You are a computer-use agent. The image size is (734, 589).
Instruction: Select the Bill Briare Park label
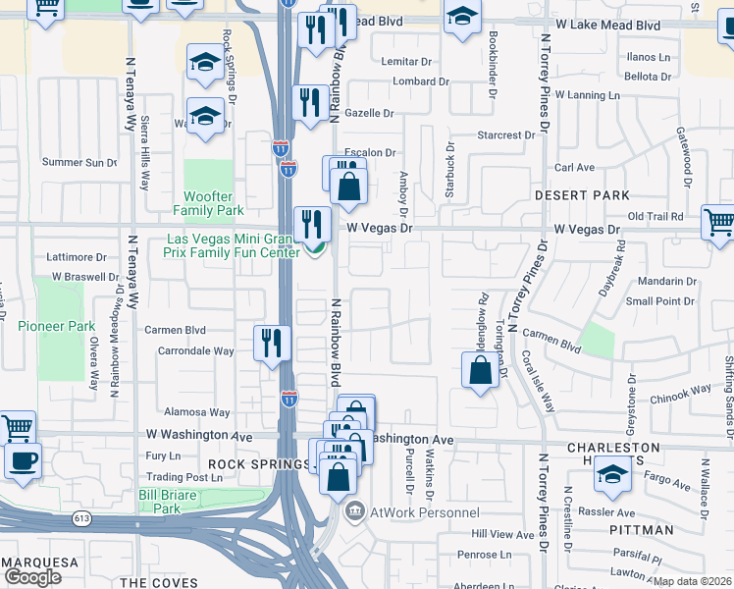click(x=173, y=502)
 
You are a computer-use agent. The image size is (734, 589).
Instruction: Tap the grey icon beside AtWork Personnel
click(x=354, y=511)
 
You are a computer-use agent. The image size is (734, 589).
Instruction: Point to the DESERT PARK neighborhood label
click(x=582, y=195)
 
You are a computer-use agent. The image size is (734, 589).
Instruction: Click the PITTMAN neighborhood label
click(x=641, y=530)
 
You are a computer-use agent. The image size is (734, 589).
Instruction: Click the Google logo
click(x=32, y=577)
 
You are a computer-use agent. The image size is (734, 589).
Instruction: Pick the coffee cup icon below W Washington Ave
click(x=24, y=459)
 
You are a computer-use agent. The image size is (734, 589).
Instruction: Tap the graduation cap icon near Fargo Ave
click(x=612, y=476)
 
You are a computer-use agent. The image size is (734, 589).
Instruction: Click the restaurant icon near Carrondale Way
click(x=272, y=343)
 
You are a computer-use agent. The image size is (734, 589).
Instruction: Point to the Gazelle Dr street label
click(x=369, y=114)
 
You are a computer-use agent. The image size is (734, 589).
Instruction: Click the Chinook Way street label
click(x=679, y=390)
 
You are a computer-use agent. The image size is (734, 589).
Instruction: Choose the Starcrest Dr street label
click(x=506, y=134)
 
